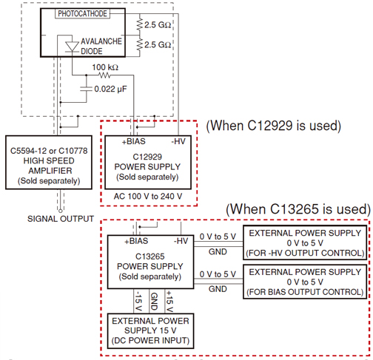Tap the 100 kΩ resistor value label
pos(105,67)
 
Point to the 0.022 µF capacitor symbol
pos(87,89)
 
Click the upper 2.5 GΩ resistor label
pos(158,24)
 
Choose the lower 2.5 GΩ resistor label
pos(158,44)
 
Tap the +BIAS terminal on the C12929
pos(133,141)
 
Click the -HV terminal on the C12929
pos(178,141)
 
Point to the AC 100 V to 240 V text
pos(148,197)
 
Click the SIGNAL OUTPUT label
pos(61,219)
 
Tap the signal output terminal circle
pos(61,211)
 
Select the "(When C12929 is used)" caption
pos(274,126)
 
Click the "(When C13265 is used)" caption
pos(298,209)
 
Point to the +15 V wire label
pos(169,301)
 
